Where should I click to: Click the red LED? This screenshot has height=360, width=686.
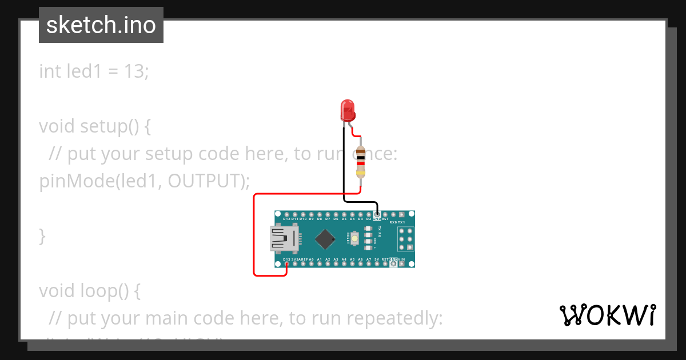(x=347, y=110)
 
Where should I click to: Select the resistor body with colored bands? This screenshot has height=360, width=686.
(x=361, y=162)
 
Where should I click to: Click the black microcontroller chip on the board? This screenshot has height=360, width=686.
(x=325, y=239)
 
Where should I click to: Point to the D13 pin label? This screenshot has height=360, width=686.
(x=287, y=259)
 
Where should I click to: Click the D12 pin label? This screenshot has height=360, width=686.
(x=287, y=219)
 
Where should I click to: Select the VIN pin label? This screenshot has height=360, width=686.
(x=401, y=259)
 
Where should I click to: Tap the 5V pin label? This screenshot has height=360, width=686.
(x=377, y=259)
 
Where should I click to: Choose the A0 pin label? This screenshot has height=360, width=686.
(x=311, y=259)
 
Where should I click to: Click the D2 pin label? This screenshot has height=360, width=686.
(x=369, y=219)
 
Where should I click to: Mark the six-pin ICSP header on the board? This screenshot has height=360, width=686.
(x=405, y=239)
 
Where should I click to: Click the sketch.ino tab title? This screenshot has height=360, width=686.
(x=101, y=25)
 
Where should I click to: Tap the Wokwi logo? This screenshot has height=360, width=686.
(x=607, y=315)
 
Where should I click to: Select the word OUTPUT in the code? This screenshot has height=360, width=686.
(x=205, y=181)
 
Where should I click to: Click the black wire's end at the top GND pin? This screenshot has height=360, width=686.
(x=377, y=213)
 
